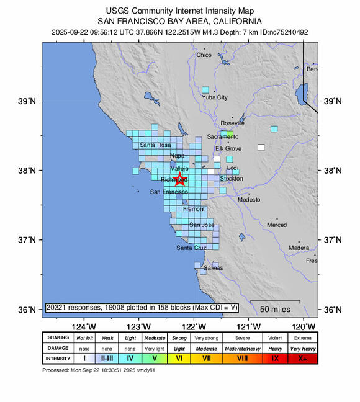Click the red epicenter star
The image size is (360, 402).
[x=179, y=179]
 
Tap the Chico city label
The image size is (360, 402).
[x=204, y=55]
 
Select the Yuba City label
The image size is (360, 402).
[x=215, y=97]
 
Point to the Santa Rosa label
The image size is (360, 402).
[x=155, y=145]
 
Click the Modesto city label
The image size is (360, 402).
[x=249, y=200]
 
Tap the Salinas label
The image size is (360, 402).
[x=214, y=268]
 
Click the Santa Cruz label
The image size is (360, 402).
[x=191, y=248]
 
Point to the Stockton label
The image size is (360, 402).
[x=231, y=179]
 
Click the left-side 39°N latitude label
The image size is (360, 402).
[x=30, y=101]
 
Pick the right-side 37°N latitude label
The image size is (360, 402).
[x=333, y=239]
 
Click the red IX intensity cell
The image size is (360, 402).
[x=274, y=359]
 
